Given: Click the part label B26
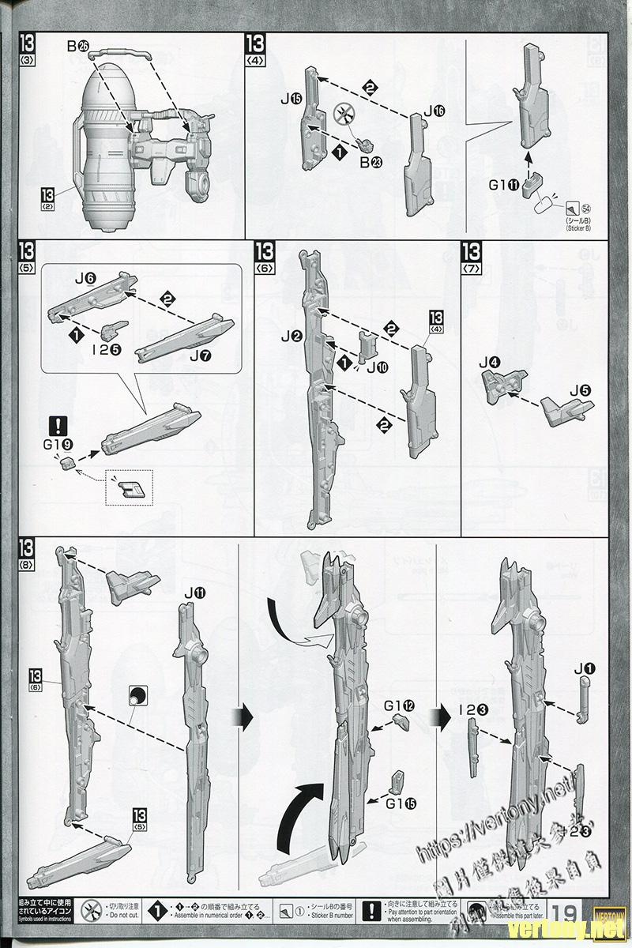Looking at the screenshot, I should (x=77, y=47).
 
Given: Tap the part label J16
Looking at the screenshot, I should (x=433, y=111).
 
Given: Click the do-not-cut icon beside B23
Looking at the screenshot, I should (x=344, y=115).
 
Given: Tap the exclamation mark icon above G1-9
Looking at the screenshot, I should (x=58, y=425).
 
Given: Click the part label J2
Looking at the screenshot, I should (x=292, y=337).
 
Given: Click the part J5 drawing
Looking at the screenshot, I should (x=566, y=409).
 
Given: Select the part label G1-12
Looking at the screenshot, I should (x=399, y=705).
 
